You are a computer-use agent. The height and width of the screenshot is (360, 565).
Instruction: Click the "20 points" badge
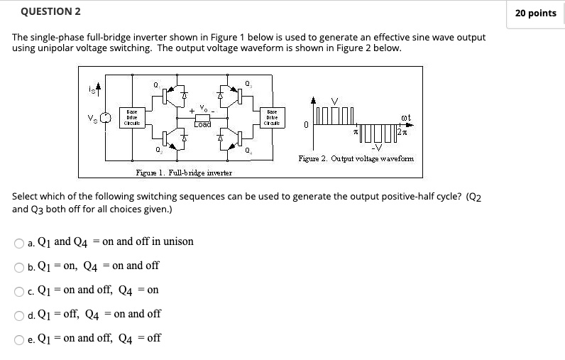click(x=535, y=13)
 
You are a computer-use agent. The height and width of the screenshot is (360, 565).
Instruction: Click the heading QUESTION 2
click(x=51, y=11)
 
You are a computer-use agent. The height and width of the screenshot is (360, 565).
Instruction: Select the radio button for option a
click(x=19, y=243)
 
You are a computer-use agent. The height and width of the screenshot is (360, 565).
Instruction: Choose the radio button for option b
click(x=19, y=267)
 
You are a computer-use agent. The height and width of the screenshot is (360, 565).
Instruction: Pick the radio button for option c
click(x=19, y=291)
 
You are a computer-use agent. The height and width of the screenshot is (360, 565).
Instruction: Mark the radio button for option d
click(x=19, y=315)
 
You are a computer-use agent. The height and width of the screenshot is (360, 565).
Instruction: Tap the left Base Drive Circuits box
click(x=131, y=117)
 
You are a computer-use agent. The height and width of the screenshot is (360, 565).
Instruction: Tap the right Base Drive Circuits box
click(x=272, y=117)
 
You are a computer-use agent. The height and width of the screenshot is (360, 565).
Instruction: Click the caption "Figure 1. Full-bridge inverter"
click(x=184, y=173)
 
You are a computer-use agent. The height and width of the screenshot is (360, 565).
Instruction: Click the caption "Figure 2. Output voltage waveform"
click(x=356, y=158)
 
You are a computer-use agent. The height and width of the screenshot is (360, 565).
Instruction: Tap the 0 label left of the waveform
click(x=305, y=126)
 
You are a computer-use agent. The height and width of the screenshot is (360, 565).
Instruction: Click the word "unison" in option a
click(x=177, y=241)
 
